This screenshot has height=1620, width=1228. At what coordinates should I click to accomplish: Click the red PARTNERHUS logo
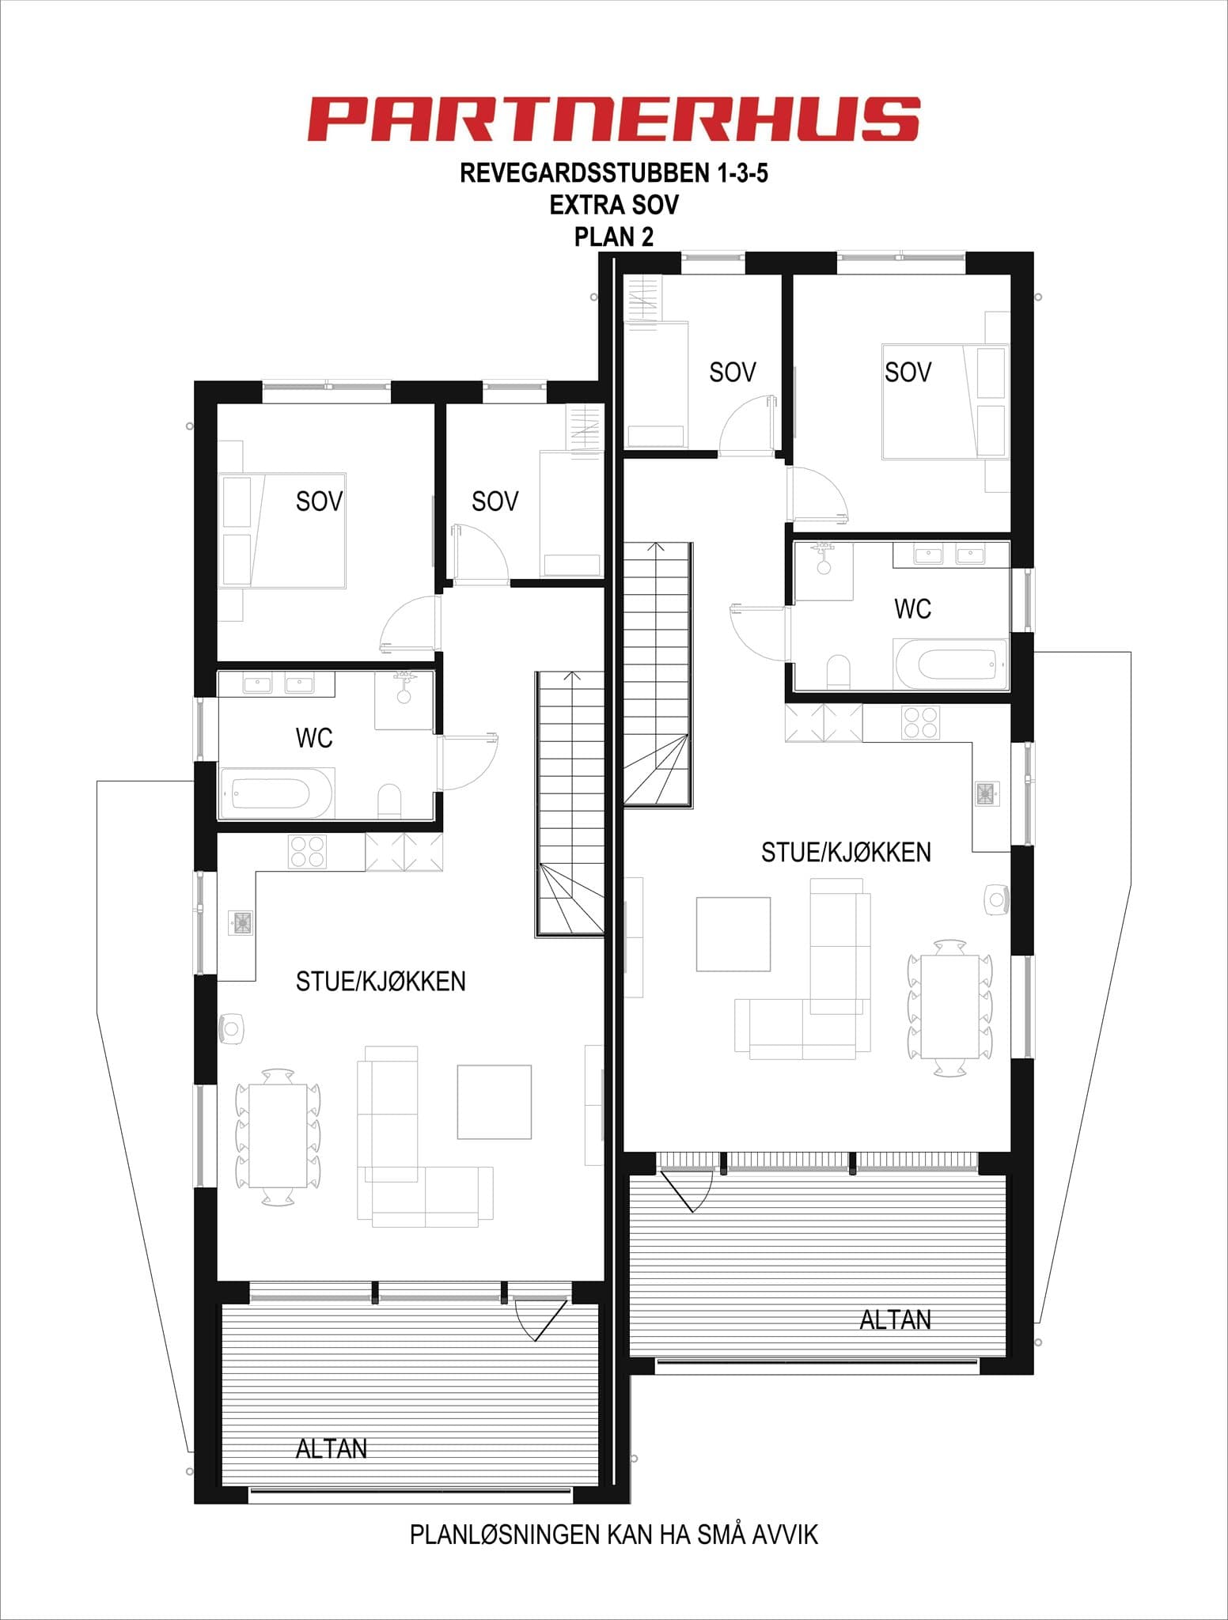pyautogui.click(x=613, y=119)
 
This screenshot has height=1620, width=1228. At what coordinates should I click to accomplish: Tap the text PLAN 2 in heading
pyautogui.click(x=613, y=237)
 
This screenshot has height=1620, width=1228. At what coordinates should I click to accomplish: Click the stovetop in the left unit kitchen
pyautogui.click(x=307, y=851)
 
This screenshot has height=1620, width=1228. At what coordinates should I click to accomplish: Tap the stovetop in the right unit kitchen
pyautogui.click(x=920, y=722)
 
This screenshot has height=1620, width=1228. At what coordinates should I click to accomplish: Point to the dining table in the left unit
pyautogui.click(x=278, y=1136)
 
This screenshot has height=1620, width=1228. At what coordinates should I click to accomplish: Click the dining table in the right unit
pyautogui.click(x=949, y=1006)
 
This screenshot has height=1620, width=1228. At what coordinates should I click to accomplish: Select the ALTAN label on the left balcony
pyautogui.click(x=331, y=1448)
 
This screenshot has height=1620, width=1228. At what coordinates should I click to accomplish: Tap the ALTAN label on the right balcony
pyautogui.click(x=895, y=1319)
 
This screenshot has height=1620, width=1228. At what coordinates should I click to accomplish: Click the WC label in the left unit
pyautogui.click(x=313, y=738)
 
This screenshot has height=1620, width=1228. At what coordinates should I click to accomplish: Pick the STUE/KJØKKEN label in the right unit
pyautogui.click(x=845, y=852)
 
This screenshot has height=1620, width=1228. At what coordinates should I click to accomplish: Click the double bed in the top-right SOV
pyautogui.click(x=945, y=401)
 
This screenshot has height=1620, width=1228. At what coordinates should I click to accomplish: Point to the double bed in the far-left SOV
pyautogui.click(x=282, y=531)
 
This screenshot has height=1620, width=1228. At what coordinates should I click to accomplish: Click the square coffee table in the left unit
pyautogui.click(x=494, y=1102)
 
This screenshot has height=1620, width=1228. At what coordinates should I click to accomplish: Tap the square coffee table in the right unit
pyautogui.click(x=733, y=933)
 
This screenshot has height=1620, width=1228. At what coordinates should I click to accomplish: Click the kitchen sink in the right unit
pyautogui.click(x=986, y=793)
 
